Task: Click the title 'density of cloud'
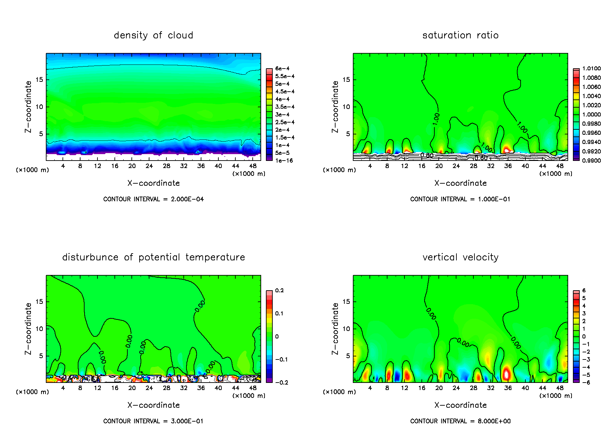[153, 35]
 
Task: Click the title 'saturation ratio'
[460, 35]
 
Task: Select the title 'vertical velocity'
[460, 257]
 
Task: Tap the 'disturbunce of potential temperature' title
[153, 257]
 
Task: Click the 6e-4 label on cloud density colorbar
[282, 69]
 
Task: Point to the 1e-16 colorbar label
[284, 161]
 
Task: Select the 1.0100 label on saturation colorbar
[591, 69]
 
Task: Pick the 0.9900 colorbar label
[591, 161]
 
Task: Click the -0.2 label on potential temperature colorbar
[281, 383]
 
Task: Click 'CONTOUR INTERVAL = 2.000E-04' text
[153, 199]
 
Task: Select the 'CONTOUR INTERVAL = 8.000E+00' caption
[460, 421]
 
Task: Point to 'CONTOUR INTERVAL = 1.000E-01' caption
[460, 199]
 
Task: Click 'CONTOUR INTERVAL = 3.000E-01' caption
[153, 421]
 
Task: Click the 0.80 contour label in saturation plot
[427, 155]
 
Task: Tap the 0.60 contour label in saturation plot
[481, 158]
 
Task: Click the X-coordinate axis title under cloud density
[153, 183]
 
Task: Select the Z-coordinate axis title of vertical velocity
[335, 329]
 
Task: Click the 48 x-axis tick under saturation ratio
[560, 166]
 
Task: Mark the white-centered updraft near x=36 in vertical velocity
[506, 374]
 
